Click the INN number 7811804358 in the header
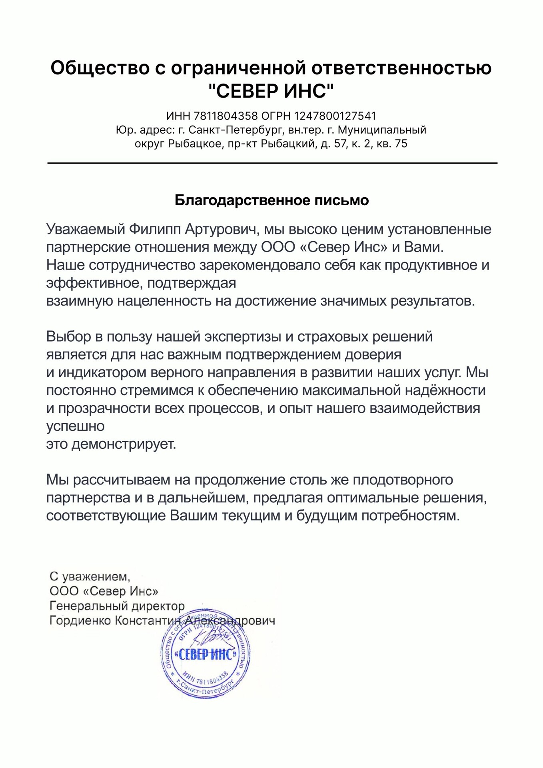226,116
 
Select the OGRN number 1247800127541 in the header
335,116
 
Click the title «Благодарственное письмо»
271,200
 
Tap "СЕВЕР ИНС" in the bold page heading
271,91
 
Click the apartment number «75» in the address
401,144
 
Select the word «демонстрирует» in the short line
124,444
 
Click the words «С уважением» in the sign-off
89,576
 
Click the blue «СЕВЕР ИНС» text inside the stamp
206,655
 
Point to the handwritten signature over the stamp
210,636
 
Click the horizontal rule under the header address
272,163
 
